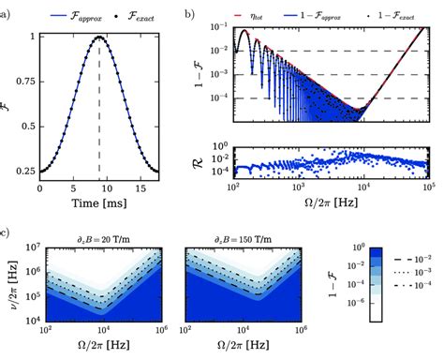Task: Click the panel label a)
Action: [7, 13]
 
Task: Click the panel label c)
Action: [7, 231]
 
